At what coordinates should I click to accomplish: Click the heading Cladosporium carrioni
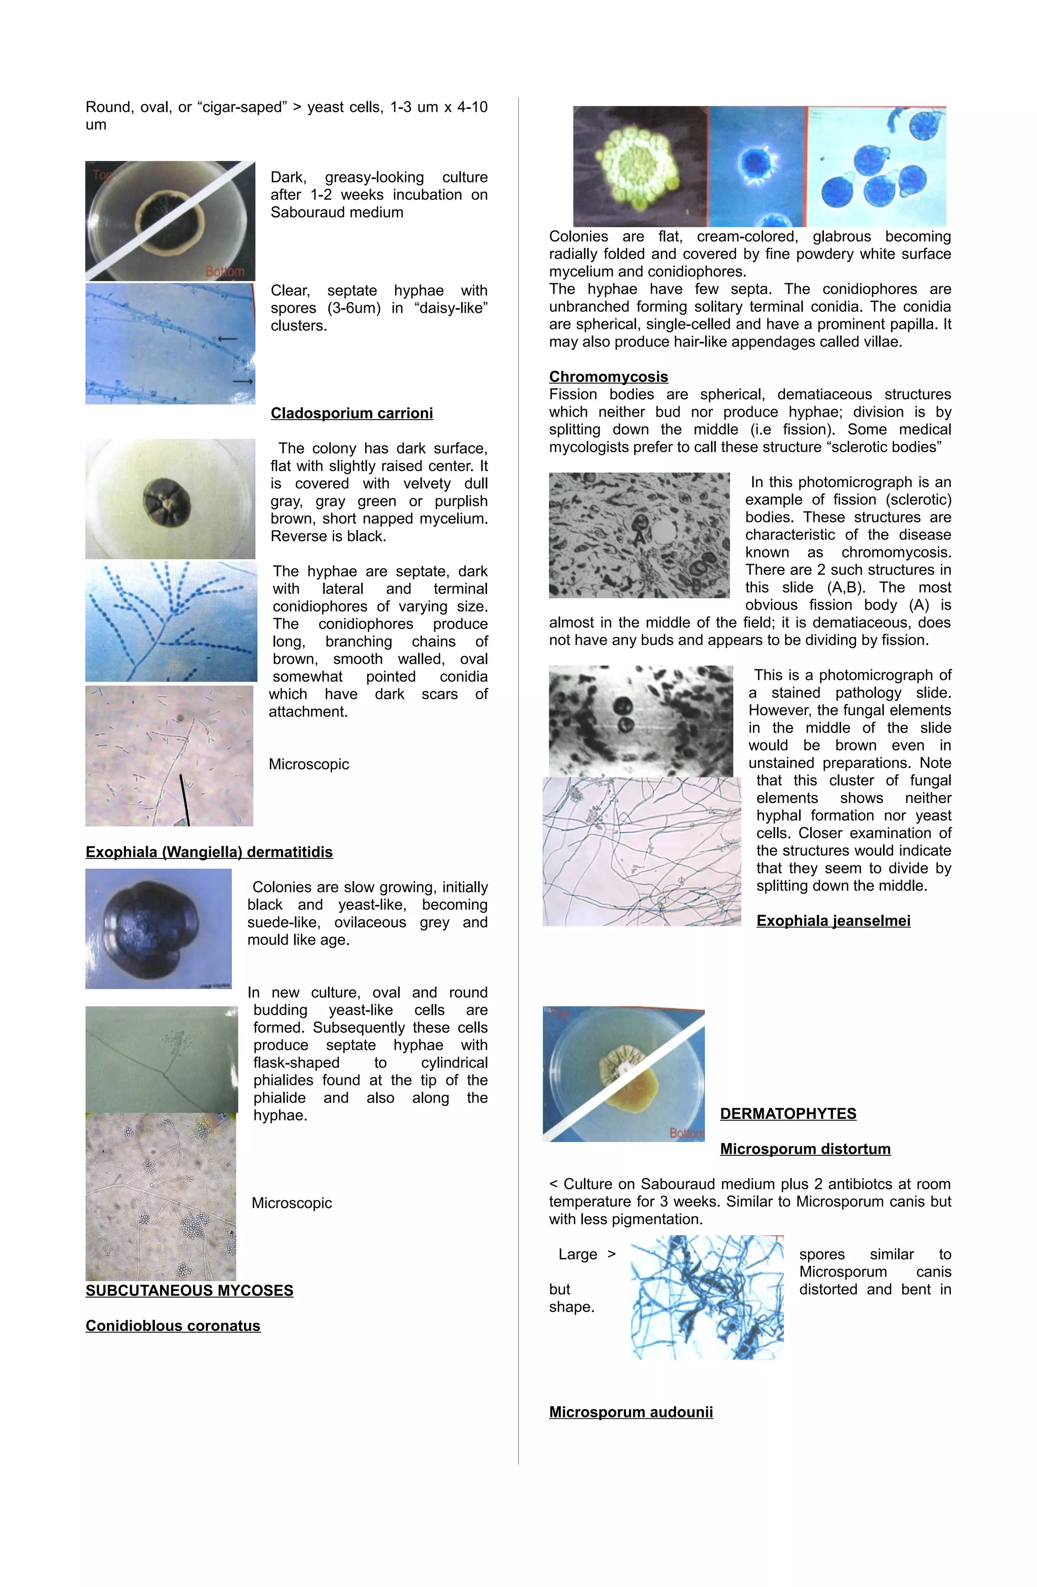point(351,413)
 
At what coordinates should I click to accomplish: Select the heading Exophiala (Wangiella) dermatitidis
point(209,852)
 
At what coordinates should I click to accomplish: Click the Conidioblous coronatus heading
point(173,1326)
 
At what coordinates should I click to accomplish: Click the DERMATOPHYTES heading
point(788,1114)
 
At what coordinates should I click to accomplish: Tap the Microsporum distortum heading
point(805,1149)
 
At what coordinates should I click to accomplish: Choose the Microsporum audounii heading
point(630,1412)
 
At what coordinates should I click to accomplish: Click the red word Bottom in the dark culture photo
point(225,272)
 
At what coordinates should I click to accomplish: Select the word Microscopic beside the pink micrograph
point(308,764)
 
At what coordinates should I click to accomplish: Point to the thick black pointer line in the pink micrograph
point(185,800)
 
